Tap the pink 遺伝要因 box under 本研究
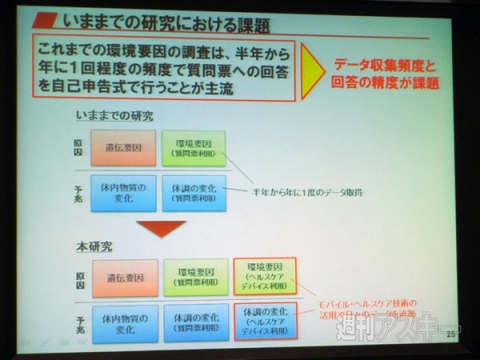point(123,276)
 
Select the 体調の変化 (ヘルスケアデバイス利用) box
point(263,323)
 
